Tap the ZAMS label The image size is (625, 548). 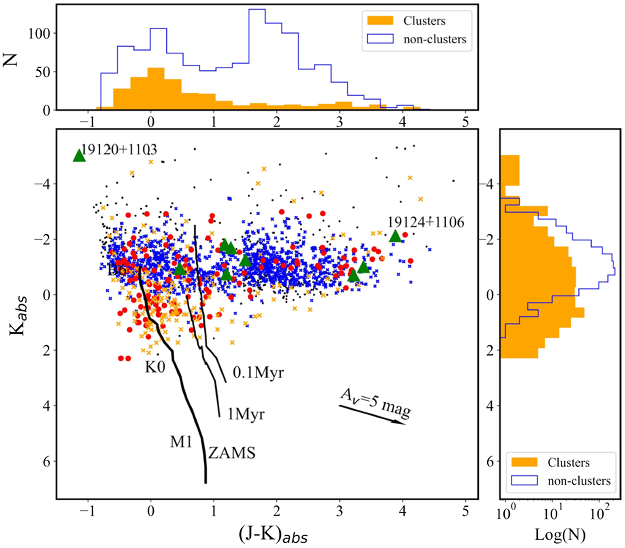232,453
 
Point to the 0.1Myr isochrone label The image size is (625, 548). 258,373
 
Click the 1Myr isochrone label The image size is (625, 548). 246,414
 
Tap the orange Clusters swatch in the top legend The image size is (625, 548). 380,21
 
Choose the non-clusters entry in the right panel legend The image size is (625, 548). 579,481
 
